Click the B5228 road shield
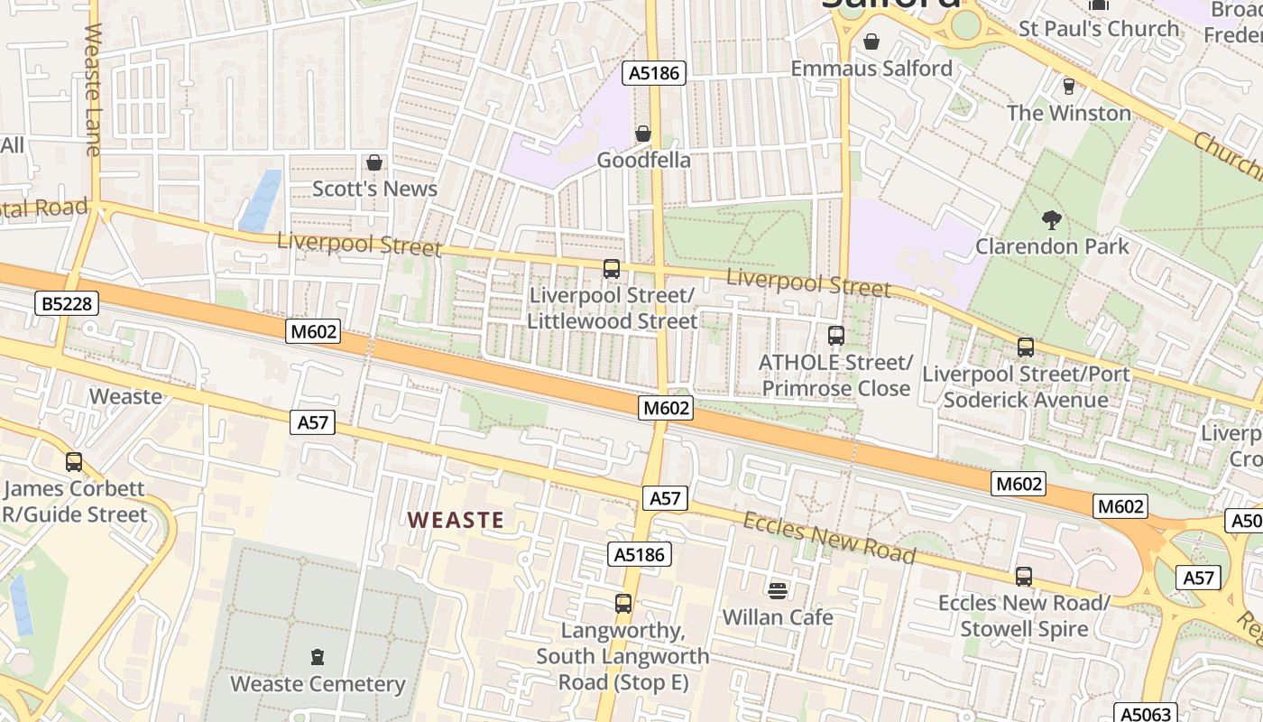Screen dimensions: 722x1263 point(68,304)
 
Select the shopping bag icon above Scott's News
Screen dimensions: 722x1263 point(373,162)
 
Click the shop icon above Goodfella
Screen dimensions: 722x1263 point(643,134)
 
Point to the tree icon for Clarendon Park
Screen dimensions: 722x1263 point(1051,219)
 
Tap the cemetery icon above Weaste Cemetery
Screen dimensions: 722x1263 point(317,656)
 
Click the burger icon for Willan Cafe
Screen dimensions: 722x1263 point(777,590)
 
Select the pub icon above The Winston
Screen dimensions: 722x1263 point(1069,86)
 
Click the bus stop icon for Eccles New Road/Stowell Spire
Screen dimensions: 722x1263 point(1023,576)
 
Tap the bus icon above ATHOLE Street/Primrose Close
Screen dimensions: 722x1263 point(835,336)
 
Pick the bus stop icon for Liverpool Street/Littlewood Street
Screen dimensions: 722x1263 point(612,269)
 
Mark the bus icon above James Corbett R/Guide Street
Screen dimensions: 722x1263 point(74,462)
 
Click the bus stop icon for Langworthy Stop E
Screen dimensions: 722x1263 point(622,603)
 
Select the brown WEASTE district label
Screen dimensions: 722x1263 point(456,520)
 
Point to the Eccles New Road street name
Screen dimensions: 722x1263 point(829,537)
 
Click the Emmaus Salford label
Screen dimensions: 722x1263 point(871,69)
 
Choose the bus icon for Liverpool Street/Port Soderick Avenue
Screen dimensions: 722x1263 point(1025,347)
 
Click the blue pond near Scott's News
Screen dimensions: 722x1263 point(261,200)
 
